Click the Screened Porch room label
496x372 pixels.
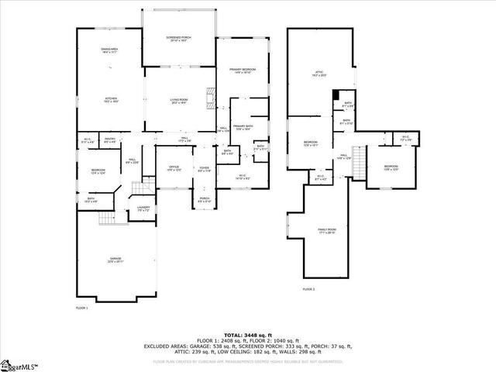(180, 39)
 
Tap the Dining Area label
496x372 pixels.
(109, 50)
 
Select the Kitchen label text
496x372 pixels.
(111, 100)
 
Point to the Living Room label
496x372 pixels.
(180, 100)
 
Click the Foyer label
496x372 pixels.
(205, 168)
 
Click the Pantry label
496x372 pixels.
(110, 140)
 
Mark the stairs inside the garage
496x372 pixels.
(105, 219)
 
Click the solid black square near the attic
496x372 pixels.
(336, 95)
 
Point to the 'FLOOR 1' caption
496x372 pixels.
(82, 308)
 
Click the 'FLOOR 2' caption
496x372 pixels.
(308, 288)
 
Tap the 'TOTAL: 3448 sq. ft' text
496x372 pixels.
(248, 335)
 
